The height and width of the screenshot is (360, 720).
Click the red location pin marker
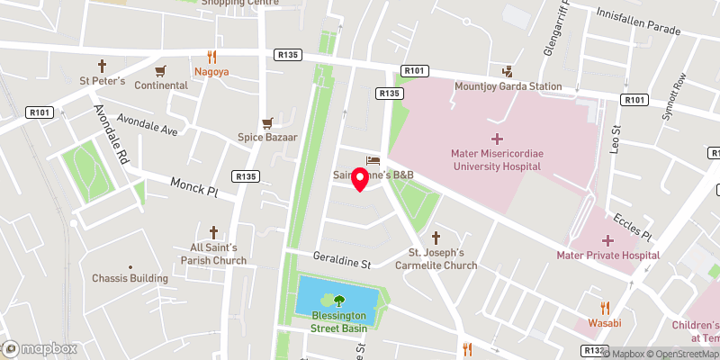pos(359,179)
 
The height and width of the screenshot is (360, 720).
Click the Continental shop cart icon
pos(161,70)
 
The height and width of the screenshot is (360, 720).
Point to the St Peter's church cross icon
pos(102,66)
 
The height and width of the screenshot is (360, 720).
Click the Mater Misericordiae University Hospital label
pos(497,159)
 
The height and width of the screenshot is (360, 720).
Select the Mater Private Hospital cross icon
pos(607,240)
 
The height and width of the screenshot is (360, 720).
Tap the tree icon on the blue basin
pos(339,301)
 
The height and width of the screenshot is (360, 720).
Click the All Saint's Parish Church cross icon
pos(213,232)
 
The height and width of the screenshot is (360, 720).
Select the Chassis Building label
pos(130,278)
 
